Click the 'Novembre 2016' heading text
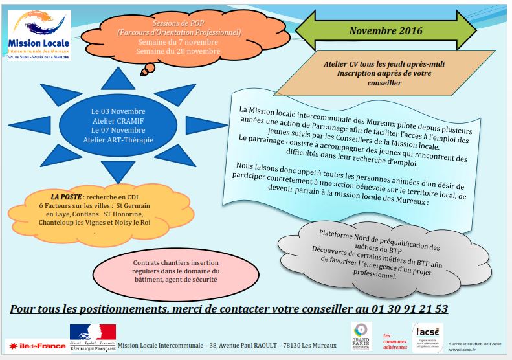coord(385,30)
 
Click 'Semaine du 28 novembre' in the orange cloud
coord(179,51)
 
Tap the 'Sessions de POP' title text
coord(179,23)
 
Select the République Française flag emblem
coord(93,331)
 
